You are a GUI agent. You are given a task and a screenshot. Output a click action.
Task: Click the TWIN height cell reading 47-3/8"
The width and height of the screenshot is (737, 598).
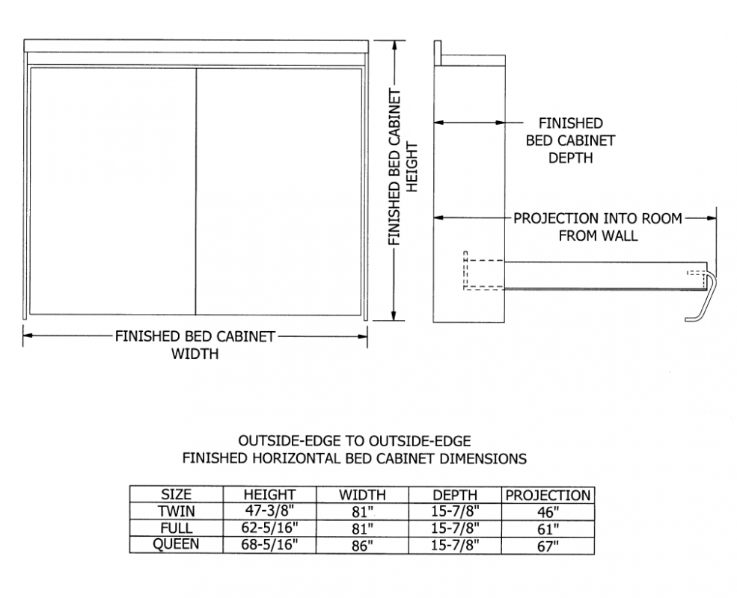pos(269,512)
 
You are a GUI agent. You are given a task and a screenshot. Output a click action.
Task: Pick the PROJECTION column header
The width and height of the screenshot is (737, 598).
pos(548,495)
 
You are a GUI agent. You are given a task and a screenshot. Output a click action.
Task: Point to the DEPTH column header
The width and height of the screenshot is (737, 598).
pos(455,495)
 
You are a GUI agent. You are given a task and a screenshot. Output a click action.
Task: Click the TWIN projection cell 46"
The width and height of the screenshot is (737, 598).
pos(548,513)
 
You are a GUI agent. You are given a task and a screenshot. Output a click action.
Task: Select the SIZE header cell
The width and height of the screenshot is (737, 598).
pos(177,495)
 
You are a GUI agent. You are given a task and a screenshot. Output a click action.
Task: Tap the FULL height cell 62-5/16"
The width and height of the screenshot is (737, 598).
pos(269,528)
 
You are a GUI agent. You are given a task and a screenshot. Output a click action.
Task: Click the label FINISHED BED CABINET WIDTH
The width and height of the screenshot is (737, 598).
pos(195,345)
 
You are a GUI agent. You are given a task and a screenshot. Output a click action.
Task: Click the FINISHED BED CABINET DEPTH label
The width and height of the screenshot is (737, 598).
pos(570,140)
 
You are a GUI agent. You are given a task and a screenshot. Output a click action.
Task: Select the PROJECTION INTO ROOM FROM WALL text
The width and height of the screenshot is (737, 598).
pos(597,226)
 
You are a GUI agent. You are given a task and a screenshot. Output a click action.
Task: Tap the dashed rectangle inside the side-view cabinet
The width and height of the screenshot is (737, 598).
pos(484,271)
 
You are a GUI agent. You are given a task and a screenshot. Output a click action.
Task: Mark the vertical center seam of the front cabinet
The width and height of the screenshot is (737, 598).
pos(196,191)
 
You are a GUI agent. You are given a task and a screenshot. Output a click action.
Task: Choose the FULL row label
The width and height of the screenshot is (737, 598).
pos(177,528)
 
